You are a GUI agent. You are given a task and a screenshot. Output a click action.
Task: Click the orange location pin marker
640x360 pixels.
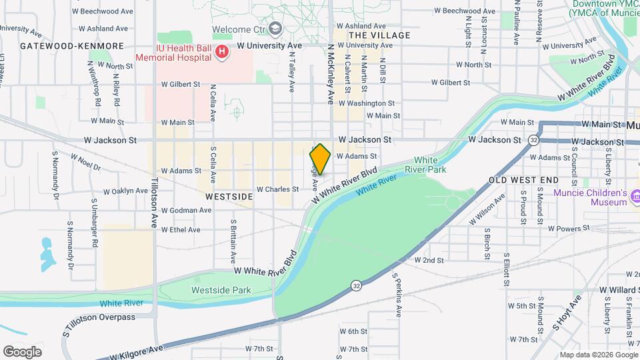point(320,159)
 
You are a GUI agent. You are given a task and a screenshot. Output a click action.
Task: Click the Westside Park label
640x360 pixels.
point(221,290)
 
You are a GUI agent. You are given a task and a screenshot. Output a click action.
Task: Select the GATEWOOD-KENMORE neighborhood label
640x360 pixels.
point(72,46)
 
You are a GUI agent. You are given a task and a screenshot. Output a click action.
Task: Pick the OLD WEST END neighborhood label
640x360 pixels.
point(523,181)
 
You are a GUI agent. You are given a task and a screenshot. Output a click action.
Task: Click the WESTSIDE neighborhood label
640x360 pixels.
point(229,197)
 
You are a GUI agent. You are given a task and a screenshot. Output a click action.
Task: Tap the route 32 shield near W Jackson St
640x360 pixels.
point(533,140)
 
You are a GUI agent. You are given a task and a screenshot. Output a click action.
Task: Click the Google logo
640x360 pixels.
point(23,351)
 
